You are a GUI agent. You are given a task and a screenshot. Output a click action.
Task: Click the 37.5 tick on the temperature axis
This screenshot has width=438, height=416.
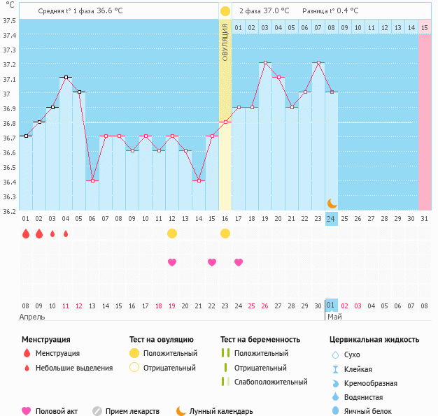click(x=9, y=20)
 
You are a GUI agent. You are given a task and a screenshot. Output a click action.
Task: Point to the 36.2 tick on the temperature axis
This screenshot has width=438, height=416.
click(x=9, y=210)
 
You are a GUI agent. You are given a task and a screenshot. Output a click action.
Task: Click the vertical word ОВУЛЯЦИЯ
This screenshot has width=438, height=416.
click(x=225, y=43)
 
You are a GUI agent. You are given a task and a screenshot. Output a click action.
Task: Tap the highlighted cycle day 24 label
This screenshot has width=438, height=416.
click(x=331, y=219)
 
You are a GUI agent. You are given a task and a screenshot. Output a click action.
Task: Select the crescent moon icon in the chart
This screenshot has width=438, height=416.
click(x=332, y=203)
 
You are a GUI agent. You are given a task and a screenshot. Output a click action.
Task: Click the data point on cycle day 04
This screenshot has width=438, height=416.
click(x=66, y=78)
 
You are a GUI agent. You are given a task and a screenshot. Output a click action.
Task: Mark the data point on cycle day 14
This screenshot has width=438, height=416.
click(x=199, y=180)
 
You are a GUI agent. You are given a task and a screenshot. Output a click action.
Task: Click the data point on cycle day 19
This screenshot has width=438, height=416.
click(x=265, y=63)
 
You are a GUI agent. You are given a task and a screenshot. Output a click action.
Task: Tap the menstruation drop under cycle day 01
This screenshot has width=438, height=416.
click(x=26, y=234)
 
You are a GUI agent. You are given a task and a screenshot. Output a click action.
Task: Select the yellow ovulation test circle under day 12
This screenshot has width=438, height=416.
click(x=172, y=234)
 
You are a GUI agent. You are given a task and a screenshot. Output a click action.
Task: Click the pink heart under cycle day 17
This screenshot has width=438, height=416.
click(x=239, y=262)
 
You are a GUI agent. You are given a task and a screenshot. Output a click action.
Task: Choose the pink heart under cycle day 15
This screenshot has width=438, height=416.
click(x=212, y=262)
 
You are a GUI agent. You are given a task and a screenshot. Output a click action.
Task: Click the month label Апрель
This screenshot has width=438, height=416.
click(x=33, y=317)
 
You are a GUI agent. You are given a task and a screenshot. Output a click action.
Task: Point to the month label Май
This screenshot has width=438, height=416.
click(x=334, y=317)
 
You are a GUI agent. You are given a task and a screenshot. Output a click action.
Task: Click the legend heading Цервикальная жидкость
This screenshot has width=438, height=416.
click(x=374, y=340)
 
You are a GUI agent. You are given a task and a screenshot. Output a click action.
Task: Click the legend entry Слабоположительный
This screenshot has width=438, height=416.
click(x=271, y=382)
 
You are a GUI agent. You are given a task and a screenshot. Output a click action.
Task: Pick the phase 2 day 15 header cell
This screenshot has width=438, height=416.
click(x=425, y=27)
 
